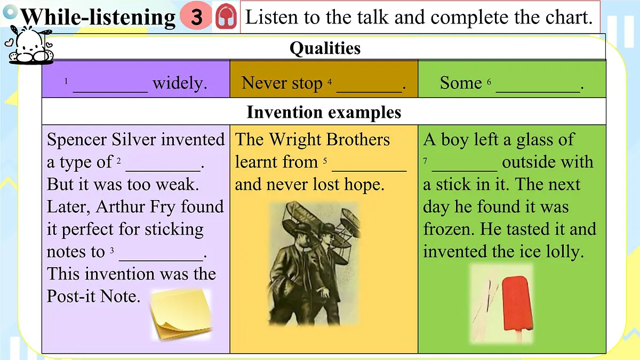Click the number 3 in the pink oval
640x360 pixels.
click(x=197, y=18)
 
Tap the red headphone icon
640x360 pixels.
click(x=226, y=18)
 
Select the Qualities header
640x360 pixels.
click(x=325, y=49)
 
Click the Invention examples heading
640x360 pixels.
click(x=324, y=113)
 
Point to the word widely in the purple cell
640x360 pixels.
click(x=180, y=84)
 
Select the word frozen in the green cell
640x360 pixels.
click(x=449, y=229)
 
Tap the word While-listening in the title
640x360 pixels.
click(x=98, y=18)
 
